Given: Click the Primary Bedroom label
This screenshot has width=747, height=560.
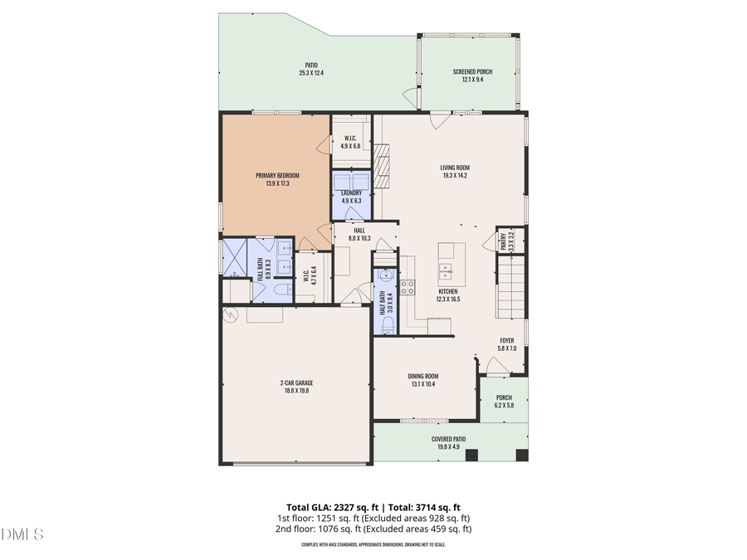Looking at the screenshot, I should pyautogui.click(x=276, y=175).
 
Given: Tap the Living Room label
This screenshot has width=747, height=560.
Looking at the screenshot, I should pyautogui.click(x=454, y=168).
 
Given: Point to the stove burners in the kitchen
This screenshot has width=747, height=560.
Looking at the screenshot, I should pyautogui.click(x=408, y=287).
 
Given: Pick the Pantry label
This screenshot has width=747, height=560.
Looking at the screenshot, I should pyautogui.click(x=503, y=241).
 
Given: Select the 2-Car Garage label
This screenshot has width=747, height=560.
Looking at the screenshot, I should pyautogui.click(x=295, y=382).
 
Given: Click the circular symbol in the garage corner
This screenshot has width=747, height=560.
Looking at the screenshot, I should pyautogui.click(x=232, y=314).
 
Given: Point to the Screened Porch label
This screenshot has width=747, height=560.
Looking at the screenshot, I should pyautogui.click(x=471, y=72).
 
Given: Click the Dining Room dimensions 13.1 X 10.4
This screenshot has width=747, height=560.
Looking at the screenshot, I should pyautogui.click(x=424, y=384).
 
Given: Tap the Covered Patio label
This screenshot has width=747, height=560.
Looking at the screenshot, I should pyautogui.click(x=448, y=439).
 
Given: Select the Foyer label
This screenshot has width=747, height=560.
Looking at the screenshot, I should pyautogui.click(x=506, y=340).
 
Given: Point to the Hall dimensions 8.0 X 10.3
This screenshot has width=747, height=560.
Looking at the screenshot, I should pyautogui.click(x=359, y=238).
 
